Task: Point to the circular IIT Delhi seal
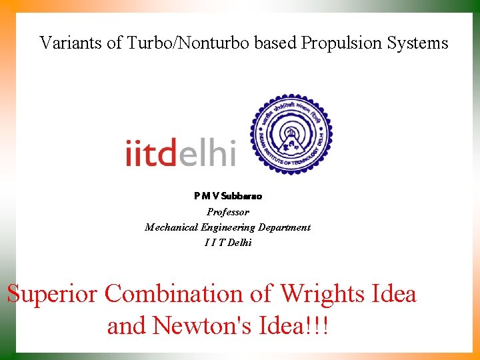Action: coord(291,134)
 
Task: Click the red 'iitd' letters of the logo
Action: coord(151,153)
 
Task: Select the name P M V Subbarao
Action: coord(228,196)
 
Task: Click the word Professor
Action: coord(228,212)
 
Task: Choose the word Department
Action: coord(285,227)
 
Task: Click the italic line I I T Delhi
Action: coord(228,243)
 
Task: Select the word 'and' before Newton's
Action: coord(127,326)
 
